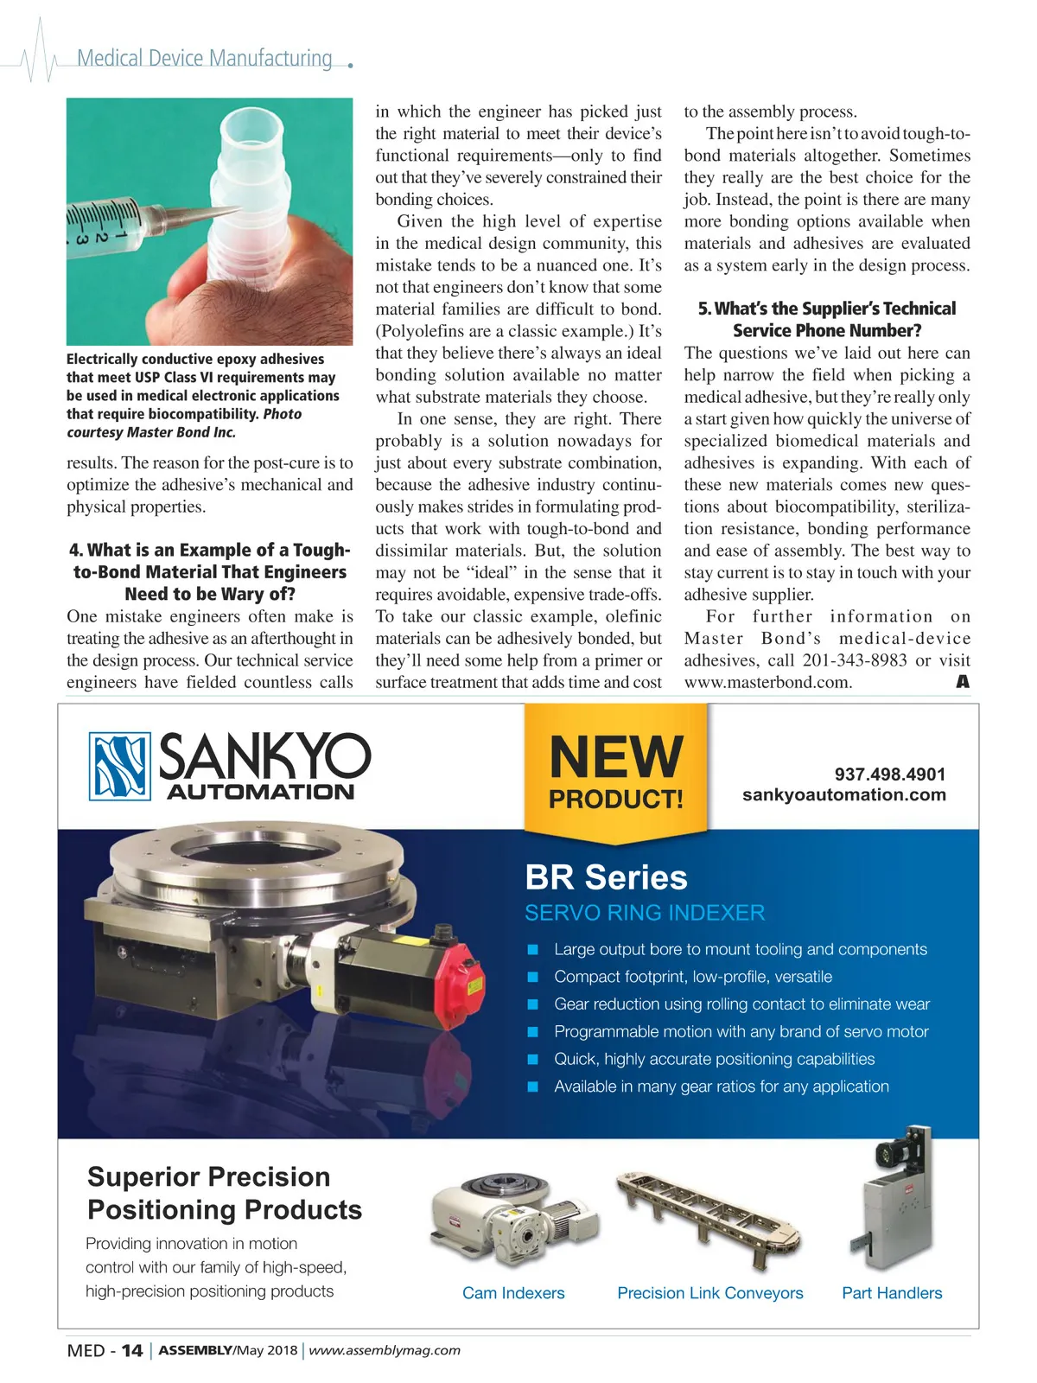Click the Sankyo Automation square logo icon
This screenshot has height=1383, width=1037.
120,766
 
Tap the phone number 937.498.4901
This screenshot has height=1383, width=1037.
889,774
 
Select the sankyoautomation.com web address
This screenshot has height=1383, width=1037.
843,794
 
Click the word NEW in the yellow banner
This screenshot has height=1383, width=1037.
615,757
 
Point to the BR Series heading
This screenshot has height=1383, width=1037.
606,877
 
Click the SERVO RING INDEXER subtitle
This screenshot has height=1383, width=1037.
645,913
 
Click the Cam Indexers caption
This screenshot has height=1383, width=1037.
513,1293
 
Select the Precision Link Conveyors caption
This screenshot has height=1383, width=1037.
709,1293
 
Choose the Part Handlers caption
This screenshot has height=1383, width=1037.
892,1293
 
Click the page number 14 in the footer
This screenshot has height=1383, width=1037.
131,1350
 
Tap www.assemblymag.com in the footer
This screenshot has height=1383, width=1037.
385,1350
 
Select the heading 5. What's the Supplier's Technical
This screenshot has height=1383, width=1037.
827,309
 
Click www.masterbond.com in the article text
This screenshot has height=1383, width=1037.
767,682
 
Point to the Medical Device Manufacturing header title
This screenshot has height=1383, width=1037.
205,59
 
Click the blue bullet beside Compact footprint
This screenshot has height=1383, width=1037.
533,978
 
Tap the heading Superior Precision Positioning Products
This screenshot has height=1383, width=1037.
225,1193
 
